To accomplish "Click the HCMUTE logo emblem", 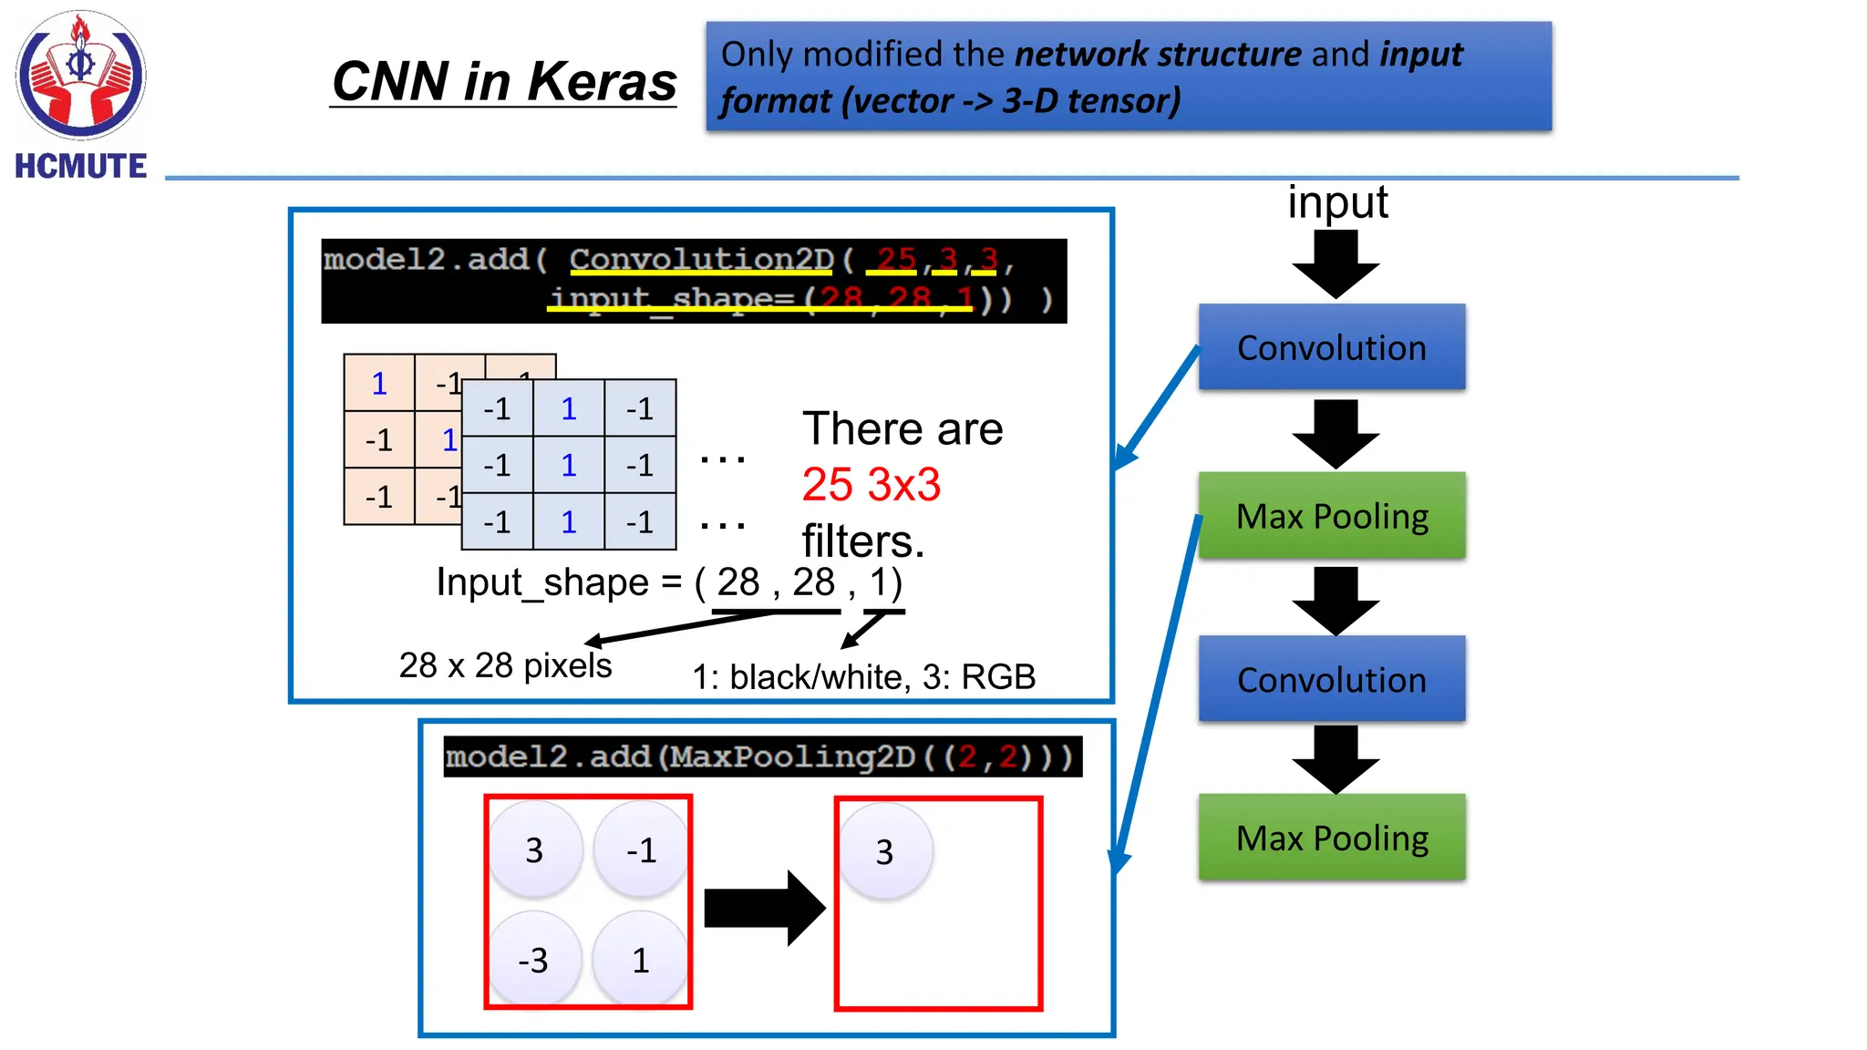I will click(80, 75).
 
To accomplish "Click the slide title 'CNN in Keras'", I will click(503, 81).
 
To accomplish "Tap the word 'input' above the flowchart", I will click(1336, 201).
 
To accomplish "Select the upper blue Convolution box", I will click(1331, 347).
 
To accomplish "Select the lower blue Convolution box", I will click(1331, 679).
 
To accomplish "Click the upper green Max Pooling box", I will click(1331, 515).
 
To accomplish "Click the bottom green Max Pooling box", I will click(1331, 837).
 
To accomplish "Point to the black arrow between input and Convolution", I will click(1336, 264).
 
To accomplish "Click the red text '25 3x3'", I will click(871, 484).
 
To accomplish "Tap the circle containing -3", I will click(534, 959).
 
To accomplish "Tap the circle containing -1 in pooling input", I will click(641, 849).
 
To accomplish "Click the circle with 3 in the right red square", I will click(884, 851).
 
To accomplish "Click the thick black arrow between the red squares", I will click(764, 908).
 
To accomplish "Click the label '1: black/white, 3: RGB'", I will click(863, 676).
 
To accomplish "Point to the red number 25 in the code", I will click(895, 259).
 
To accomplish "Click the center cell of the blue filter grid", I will click(568, 465).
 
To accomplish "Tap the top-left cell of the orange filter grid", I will click(379, 383).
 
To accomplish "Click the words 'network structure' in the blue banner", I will click(1158, 55).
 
